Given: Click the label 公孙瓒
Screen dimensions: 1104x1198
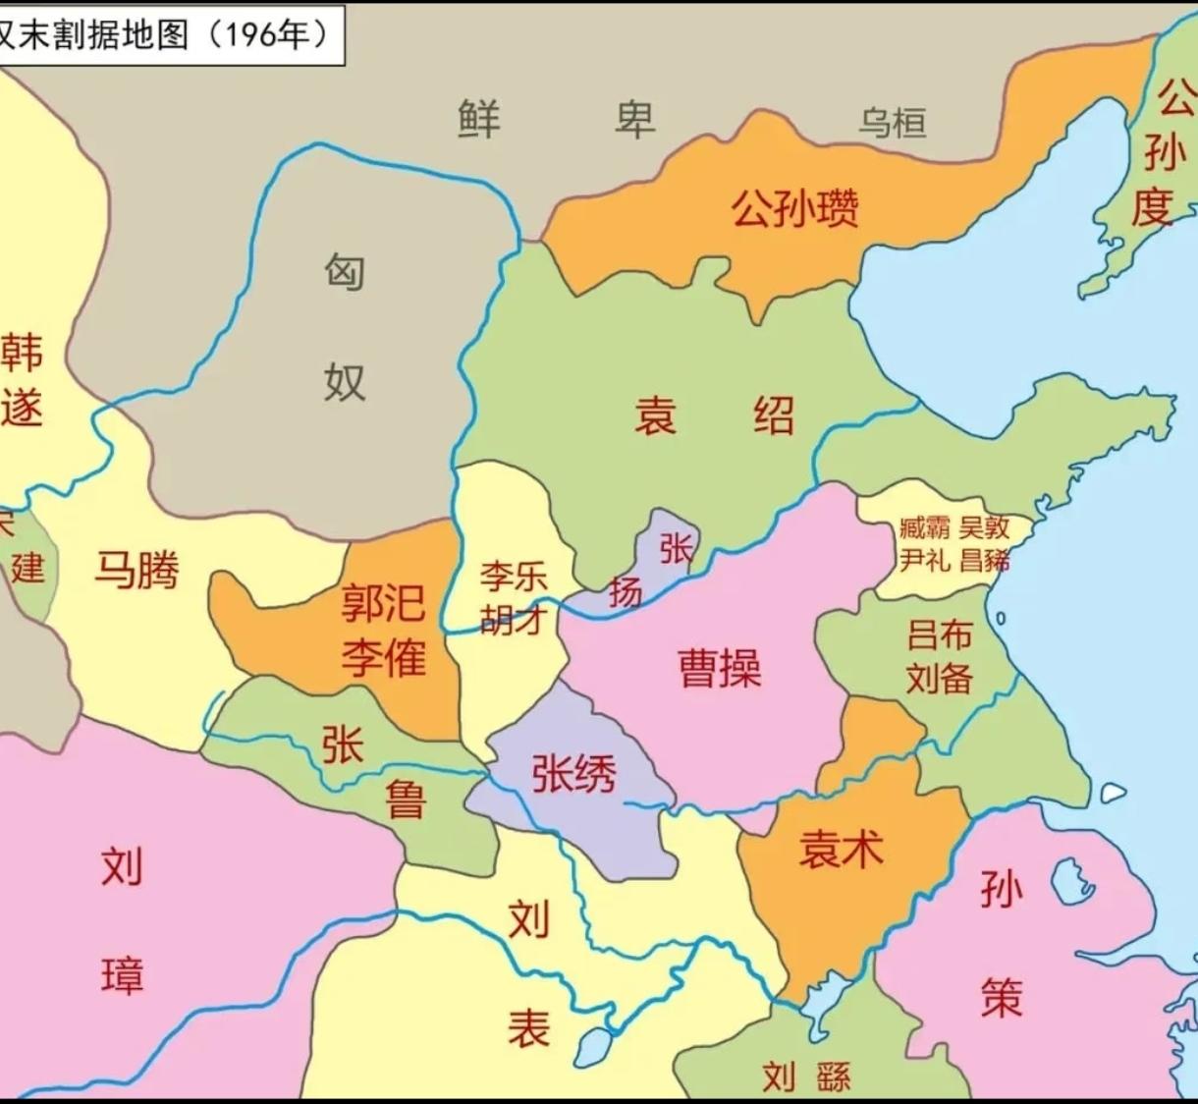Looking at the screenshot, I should [x=794, y=209].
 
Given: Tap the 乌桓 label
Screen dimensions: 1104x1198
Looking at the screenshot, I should [x=892, y=124].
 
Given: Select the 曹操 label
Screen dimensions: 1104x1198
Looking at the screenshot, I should [x=720, y=669].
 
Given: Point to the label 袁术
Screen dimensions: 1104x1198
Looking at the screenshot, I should [x=841, y=848].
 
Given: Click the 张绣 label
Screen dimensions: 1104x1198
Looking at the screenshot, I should [x=573, y=774].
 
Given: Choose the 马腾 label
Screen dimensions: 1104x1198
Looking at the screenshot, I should [x=136, y=570].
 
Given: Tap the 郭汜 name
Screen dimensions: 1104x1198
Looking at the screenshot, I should [x=383, y=602].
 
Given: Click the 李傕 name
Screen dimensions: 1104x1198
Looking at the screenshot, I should [x=383, y=655].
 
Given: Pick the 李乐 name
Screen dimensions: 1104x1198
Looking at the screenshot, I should [x=513, y=577].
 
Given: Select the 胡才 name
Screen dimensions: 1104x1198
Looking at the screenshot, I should [x=513, y=620].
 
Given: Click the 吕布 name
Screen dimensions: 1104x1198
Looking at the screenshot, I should [x=940, y=635].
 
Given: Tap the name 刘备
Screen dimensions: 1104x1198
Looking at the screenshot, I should [x=940, y=679].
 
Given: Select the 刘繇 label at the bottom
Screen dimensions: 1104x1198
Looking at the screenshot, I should [x=806, y=1077].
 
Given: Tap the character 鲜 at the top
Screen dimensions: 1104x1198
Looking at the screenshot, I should [x=479, y=120].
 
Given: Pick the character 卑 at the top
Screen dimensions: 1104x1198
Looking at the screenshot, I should [x=635, y=120].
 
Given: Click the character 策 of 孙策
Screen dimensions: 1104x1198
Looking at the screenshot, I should [x=1002, y=997].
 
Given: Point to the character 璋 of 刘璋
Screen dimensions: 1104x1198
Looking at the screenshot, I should [x=123, y=975].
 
